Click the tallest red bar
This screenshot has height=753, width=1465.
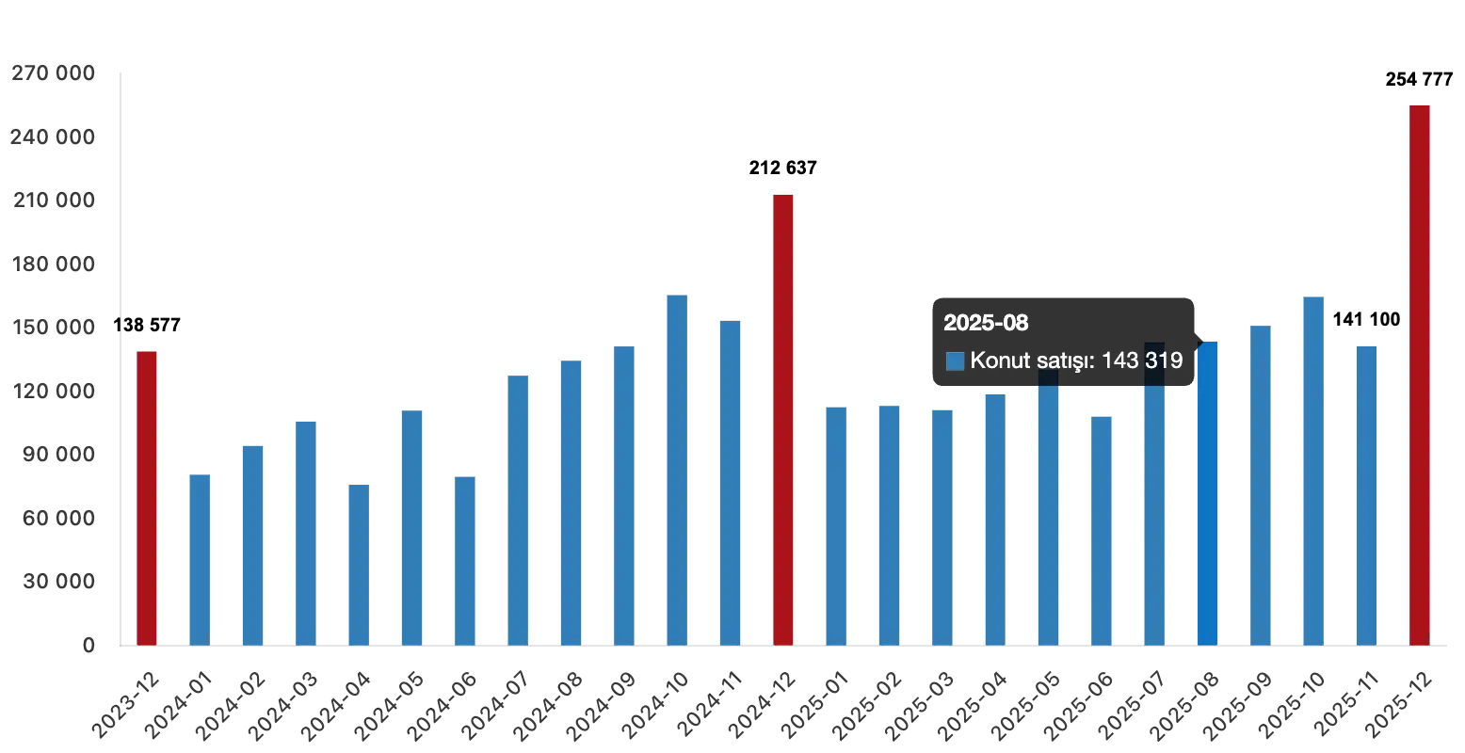1419,376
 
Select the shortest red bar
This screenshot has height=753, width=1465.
147,499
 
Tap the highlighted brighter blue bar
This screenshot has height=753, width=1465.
1208,499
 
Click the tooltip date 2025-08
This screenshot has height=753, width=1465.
986,323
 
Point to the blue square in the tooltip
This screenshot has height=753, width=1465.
955,360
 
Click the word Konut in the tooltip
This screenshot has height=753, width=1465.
1000,360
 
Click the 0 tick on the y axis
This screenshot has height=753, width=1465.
90,644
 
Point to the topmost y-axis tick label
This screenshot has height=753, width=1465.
52,72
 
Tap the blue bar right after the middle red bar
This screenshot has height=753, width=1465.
836,527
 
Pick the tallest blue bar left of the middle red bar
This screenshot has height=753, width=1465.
678,471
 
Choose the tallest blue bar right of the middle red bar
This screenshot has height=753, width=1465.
1314,471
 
